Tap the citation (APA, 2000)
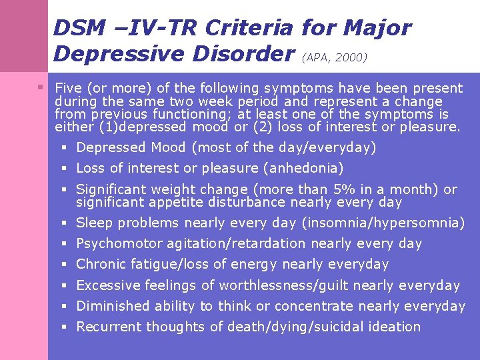pyautogui.click(x=335, y=58)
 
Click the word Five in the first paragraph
pyautogui.click(x=68, y=88)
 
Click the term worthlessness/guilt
pyautogui.click(x=283, y=285)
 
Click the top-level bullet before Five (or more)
pyautogui.click(x=41, y=88)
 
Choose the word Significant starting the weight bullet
pyautogui.click(x=109, y=190)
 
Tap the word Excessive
pyautogui.click(x=107, y=285)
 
